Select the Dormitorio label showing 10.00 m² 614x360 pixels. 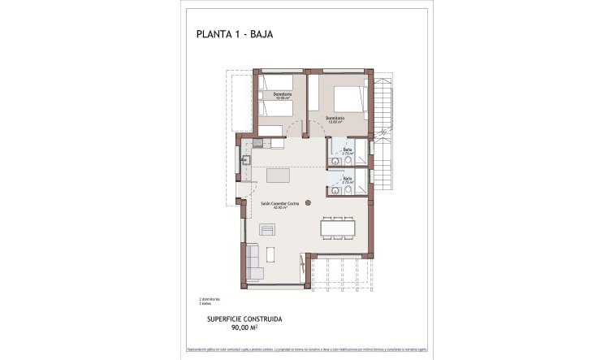point(283,97)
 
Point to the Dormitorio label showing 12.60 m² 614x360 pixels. point(335,119)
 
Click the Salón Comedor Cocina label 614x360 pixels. point(280,205)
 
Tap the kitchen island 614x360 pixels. point(279,176)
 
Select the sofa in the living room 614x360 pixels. point(253,261)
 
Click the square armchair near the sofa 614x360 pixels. point(267,230)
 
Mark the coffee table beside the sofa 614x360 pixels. point(271,254)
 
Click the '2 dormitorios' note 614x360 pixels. point(210,298)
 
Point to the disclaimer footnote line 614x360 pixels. point(306,347)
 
